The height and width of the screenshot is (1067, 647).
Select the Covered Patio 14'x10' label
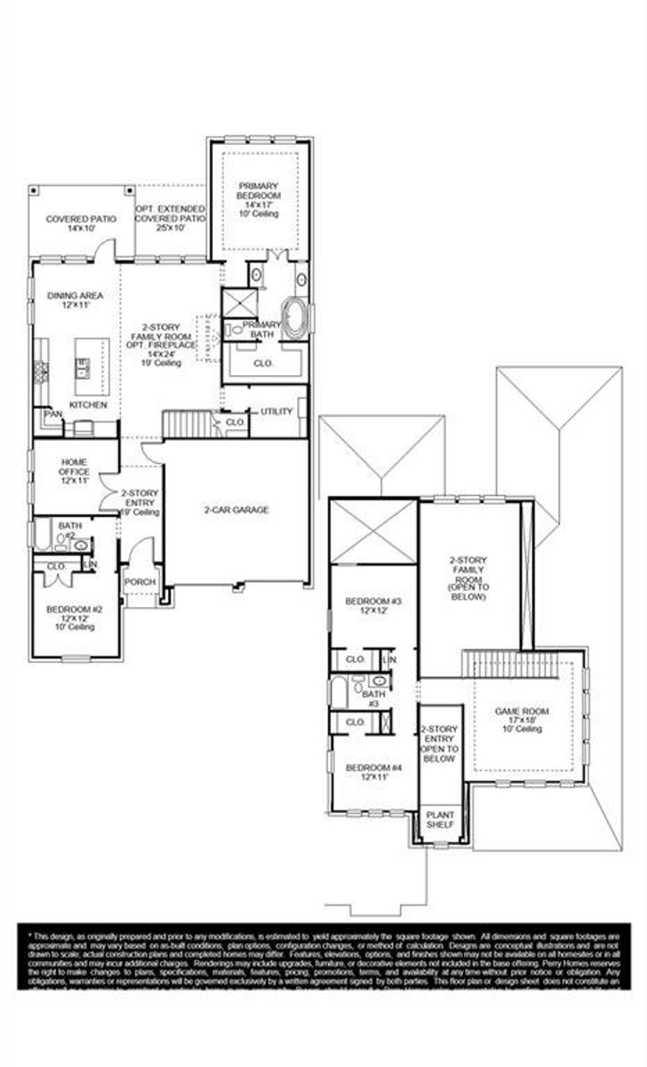coord(81,224)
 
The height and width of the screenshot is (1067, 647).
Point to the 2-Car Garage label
coord(236,510)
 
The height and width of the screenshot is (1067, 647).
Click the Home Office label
coord(74,471)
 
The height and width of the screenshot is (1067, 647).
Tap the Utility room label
coord(276,412)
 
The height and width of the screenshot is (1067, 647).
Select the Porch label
coord(140,582)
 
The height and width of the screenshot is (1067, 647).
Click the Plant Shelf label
coord(440,820)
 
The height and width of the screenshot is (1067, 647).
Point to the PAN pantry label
coord(53,414)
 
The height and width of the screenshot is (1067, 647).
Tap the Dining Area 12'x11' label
coord(75,300)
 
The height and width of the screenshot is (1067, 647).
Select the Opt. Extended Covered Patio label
coord(170,218)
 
